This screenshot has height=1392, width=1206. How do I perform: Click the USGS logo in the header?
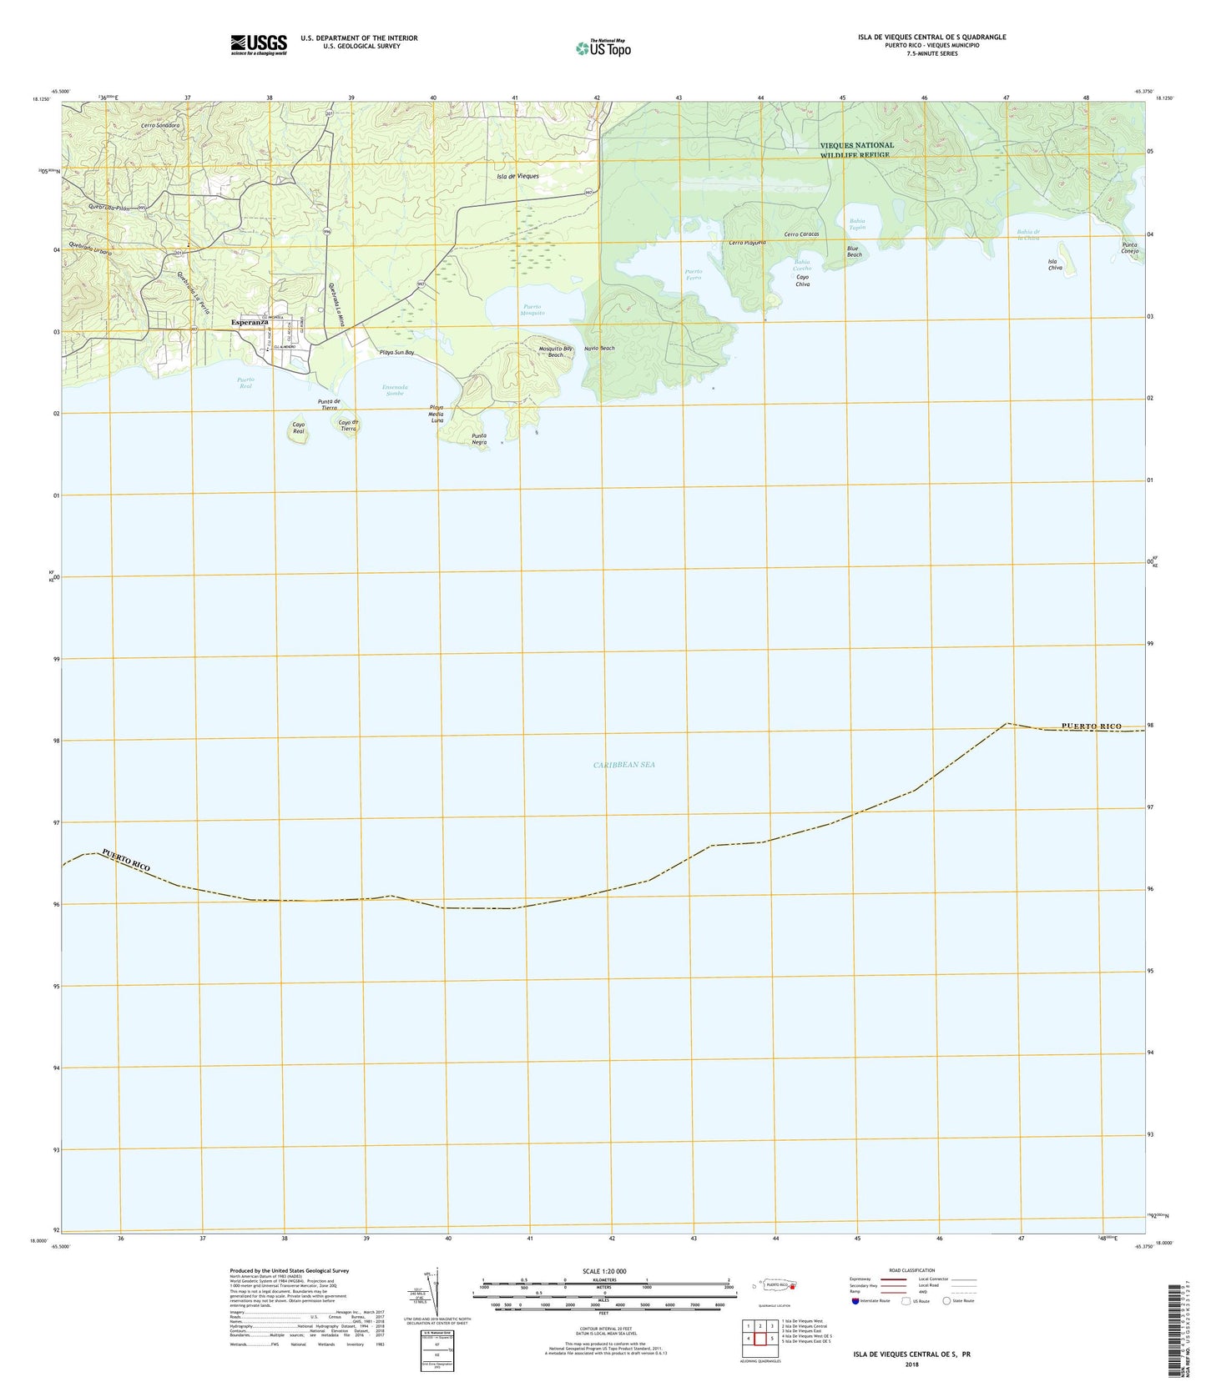pos(259,43)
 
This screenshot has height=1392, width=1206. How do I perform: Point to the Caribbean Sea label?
pos(625,764)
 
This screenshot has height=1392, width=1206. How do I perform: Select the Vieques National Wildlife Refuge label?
pos(856,150)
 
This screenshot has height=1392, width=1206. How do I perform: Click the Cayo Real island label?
pos(298,428)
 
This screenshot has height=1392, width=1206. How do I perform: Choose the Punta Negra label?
pos(479,439)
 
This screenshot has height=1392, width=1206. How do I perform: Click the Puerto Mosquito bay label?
pos(532,310)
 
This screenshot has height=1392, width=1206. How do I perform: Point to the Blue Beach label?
pos(854,251)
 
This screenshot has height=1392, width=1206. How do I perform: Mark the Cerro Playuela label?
pos(747,243)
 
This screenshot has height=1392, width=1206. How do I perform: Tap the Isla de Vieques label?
pos(517,177)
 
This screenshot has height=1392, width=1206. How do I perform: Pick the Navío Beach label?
pos(599,349)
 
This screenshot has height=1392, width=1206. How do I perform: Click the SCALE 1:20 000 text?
pos(606,1271)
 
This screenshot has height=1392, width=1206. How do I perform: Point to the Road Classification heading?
pos(911,1270)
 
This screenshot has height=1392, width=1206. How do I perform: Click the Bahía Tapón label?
pos(857,224)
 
